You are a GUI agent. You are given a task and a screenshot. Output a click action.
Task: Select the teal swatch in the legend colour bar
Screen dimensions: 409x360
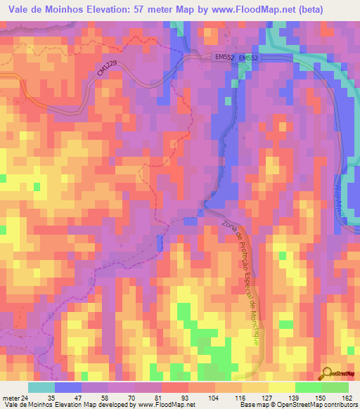coord(41,387)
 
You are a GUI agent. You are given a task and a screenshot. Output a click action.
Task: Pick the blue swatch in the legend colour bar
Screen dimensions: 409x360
coord(68,387)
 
